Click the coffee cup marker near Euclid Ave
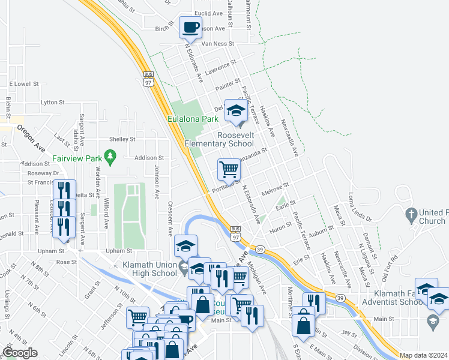191,28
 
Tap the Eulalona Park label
193,119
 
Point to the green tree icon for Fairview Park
109,158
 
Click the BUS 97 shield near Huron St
235,233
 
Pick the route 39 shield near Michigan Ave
260,249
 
